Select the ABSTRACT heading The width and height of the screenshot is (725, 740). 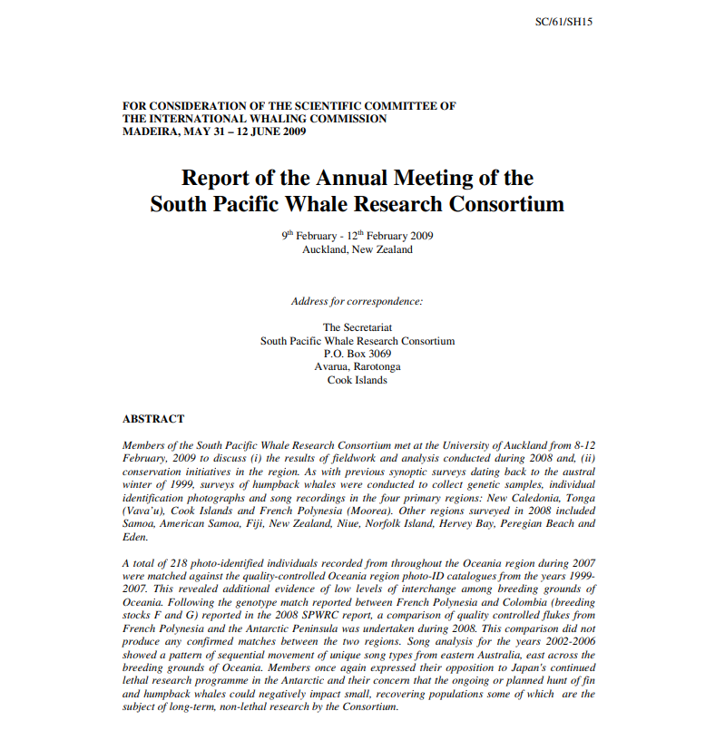(x=153, y=419)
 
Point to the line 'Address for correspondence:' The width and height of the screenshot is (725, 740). (x=357, y=301)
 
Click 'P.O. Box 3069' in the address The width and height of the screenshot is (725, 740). (x=358, y=354)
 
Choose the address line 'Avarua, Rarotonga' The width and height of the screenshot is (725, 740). (x=358, y=366)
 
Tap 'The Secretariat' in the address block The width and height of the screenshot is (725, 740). (x=358, y=327)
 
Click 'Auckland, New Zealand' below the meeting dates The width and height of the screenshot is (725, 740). (x=358, y=249)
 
